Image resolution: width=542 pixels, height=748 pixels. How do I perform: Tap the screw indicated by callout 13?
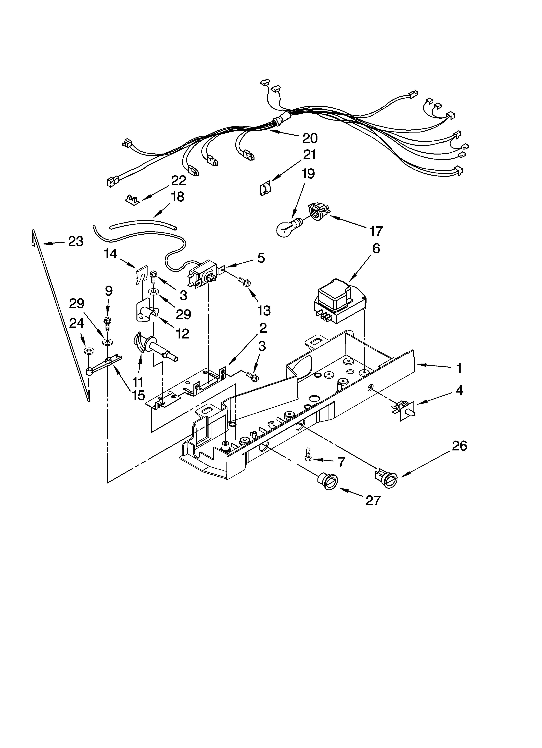246,281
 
